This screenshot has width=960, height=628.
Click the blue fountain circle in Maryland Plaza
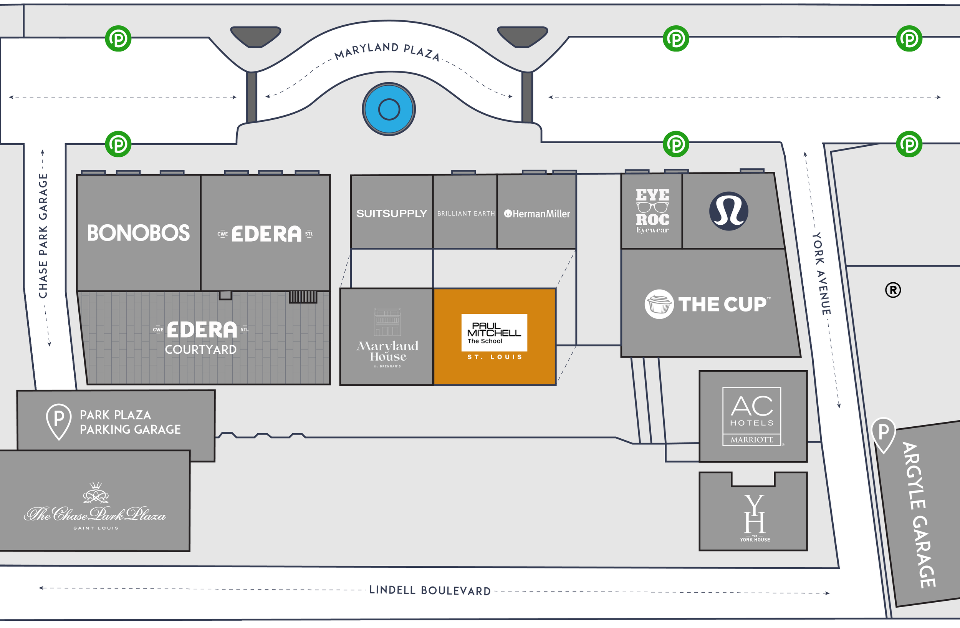[389, 109]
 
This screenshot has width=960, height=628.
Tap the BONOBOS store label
[138, 233]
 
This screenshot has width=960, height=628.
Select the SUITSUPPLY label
[391, 214]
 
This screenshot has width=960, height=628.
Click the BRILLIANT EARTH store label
[466, 214]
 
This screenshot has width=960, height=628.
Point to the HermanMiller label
[537, 214]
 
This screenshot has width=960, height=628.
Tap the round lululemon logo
[728, 211]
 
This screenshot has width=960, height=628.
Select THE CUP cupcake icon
[659, 304]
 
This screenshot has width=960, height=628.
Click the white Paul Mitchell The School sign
[494, 332]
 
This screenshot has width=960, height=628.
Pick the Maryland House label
[387, 351]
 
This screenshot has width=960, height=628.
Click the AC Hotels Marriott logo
[752, 416]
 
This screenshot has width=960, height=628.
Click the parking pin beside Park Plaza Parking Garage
[59, 421]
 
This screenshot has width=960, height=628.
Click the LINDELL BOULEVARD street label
[430, 590]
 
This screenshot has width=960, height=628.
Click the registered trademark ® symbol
[893, 290]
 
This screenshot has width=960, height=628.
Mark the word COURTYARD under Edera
[200, 350]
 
